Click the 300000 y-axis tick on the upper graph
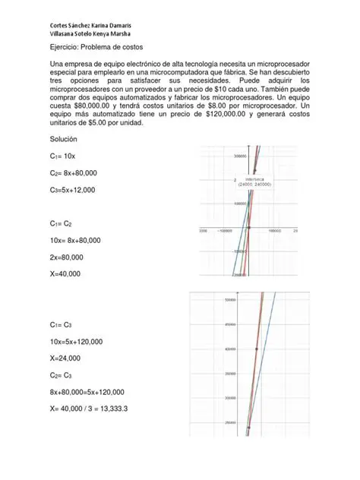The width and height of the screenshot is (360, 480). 242,156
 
